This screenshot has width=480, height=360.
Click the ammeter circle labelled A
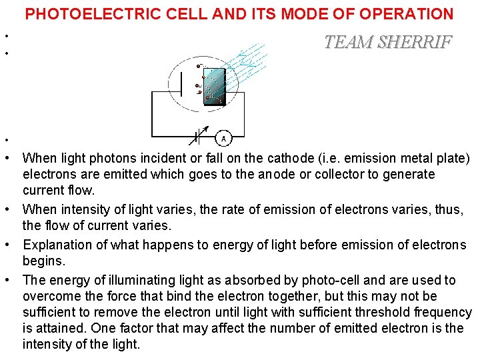pyautogui.click(x=224, y=138)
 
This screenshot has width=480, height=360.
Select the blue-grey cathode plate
pyautogui.click(x=215, y=85)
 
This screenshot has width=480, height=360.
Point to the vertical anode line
pyautogui.click(x=183, y=85)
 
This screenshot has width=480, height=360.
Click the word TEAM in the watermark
pyautogui.click(x=347, y=42)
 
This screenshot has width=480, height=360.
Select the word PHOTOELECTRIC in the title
pyautogui.click(x=87, y=13)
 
